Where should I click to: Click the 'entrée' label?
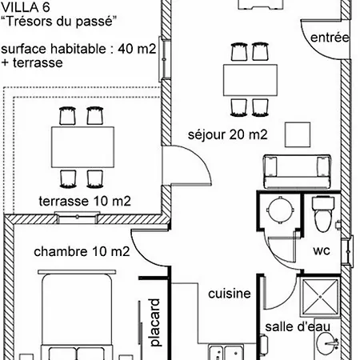[x=330, y=38]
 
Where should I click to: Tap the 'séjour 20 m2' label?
[x=227, y=134]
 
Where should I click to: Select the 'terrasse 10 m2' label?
[x=85, y=201]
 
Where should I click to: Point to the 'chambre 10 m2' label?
[x=82, y=251]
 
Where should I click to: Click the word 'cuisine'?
[x=230, y=294]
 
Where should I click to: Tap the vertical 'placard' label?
[x=154, y=322]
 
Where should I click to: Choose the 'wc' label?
[x=322, y=250]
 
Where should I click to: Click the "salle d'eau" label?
[x=298, y=327]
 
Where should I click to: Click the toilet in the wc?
[x=323, y=214]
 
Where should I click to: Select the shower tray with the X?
[x=320, y=297]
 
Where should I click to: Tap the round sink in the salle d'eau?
[x=327, y=343]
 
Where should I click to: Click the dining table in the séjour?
[x=250, y=80]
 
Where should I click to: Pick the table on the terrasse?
[x=82, y=147]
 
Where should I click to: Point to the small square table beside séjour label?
[x=298, y=134]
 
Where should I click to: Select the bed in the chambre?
[x=77, y=314]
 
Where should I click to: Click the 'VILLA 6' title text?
[x=26, y=7]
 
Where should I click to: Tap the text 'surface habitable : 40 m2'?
[x=78, y=49]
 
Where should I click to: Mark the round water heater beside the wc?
[x=280, y=210]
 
